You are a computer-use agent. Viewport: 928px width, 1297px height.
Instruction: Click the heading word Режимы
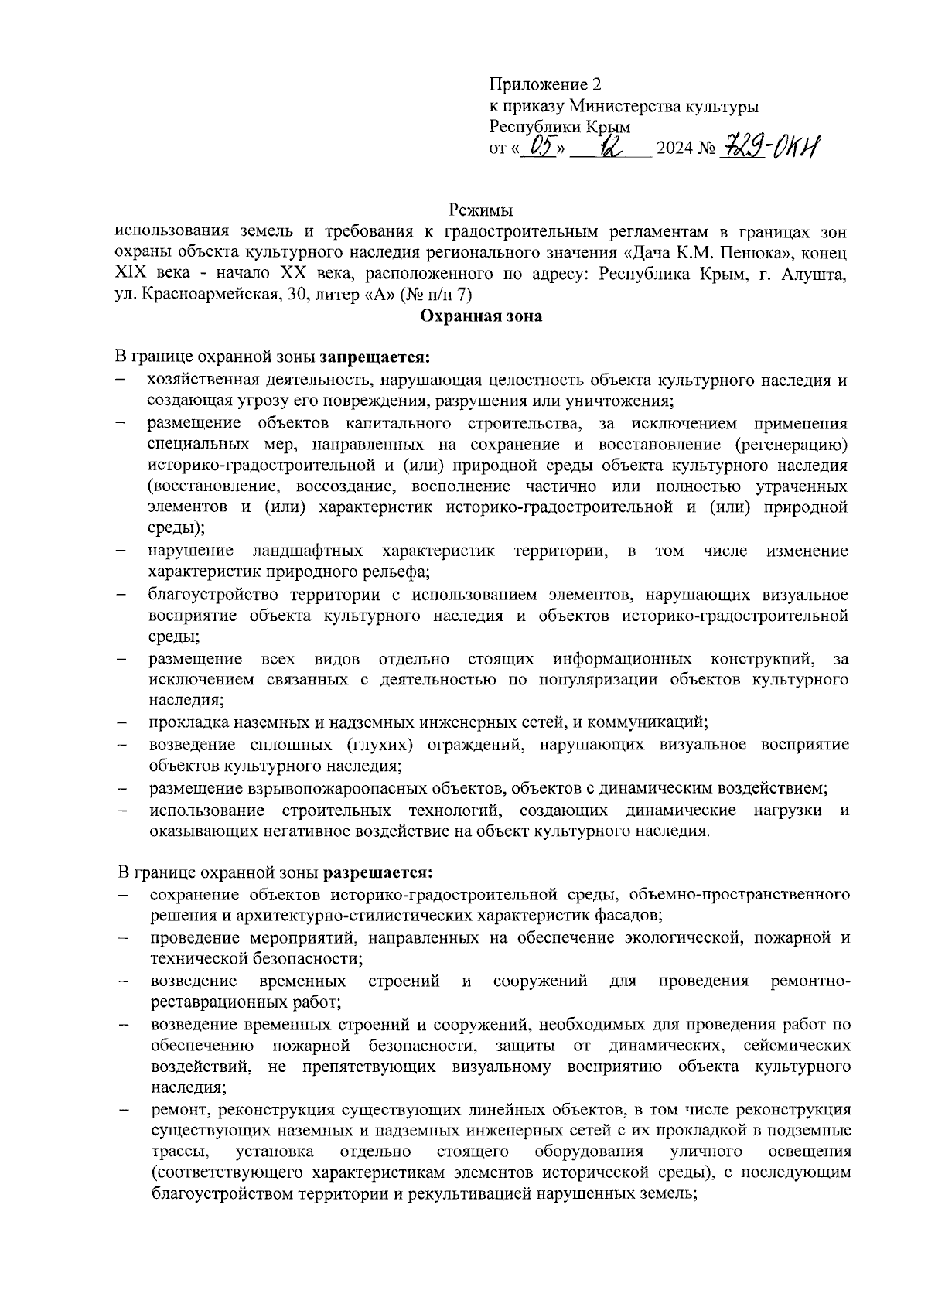click(480, 210)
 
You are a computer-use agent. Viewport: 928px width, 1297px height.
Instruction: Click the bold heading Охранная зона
click(480, 316)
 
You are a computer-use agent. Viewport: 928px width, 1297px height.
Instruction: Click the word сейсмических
click(797, 1046)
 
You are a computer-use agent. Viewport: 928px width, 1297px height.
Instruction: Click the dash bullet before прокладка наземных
click(121, 723)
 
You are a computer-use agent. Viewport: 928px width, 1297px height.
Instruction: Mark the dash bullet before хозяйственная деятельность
click(121, 381)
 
